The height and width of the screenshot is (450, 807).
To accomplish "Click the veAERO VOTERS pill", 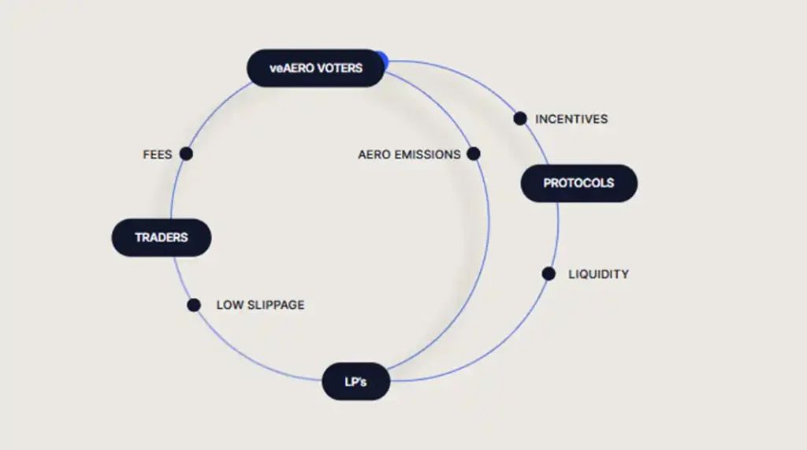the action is pyautogui.click(x=315, y=68).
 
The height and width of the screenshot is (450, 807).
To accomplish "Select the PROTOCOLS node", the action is pyautogui.click(x=579, y=184).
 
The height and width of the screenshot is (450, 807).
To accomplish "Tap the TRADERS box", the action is pyautogui.click(x=162, y=238).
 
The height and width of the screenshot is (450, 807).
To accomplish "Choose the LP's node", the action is pyautogui.click(x=355, y=381).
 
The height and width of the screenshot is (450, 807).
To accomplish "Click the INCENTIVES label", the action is pyautogui.click(x=571, y=119).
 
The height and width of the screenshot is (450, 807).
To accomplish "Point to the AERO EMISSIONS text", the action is pyautogui.click(x=409, y=154).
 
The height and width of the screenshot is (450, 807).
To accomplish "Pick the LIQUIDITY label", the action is pyautogui.click(x=599, y=274).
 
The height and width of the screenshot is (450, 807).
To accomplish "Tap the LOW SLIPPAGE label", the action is pyautogui.click(x=260, y=305).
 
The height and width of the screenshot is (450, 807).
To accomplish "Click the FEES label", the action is pyautogui.click(x=158, y=154).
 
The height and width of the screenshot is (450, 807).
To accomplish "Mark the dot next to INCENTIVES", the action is pyautogui.click(x=520, y=118).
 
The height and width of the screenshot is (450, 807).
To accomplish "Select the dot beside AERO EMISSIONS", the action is pyautogui.click(x=474, y=154).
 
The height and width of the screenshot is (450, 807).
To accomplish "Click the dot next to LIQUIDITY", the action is pyautogui.click(x=549, y=274).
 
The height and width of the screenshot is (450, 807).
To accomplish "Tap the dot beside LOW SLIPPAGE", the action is pyautogui.click(x=194, y=305).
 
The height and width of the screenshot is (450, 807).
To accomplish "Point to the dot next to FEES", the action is pyautogui.click(x=186, y=154).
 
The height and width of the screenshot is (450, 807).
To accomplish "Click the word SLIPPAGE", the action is pyautogui.click(x=276, y=305).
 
